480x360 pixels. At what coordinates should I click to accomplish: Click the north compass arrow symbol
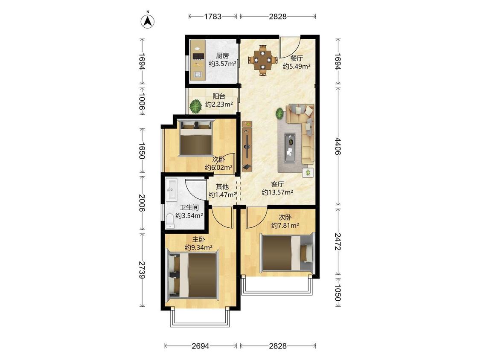pyautogui.click(x=148, y=21)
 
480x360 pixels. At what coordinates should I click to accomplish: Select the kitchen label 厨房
pyautogui.click(x=222, y=56)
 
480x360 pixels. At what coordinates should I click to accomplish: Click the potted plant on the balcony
pyautogui.click(x=195, y=106)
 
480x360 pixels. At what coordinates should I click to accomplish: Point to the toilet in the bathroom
pyautogui.click(x=170, y=221)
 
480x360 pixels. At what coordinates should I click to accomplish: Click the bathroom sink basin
pyautogui.click(x=171, y=190)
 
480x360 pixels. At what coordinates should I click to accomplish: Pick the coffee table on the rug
pyautogui.click(x=290, y=148)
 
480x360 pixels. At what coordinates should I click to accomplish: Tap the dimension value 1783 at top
pyautogui.click(x=213, y=16)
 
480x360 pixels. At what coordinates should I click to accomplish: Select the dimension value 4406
pyautogui.click(x=337, y=146)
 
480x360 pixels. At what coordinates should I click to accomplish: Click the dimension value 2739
pyautogui.click(x=141, y=270)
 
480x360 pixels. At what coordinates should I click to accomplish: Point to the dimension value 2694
pyautogui.click(x=201, y=346)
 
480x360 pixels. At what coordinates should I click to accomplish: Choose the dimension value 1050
pyautogui.click(x=337, y=293)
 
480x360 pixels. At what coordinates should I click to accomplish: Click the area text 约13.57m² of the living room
pyautogui.click(x=278, y=192)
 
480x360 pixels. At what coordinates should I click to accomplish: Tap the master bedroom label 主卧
pyautogui.click(x=198, y=239)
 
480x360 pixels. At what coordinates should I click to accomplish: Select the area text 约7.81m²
pyautogui.click(x=285, y=226)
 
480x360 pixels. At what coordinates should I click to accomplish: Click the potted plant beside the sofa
pyautogui.click(x=279, y=113)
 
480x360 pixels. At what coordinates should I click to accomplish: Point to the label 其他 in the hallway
pyautogui.click(x=222, y=186)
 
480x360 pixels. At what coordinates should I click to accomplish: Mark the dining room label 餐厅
pyautogui.click(x=297, y=58)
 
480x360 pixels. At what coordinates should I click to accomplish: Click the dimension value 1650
pyautogui.click(x=141, y=150)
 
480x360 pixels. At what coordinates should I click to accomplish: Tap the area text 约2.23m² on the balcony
pyautogui.click(x=219, y=105)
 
